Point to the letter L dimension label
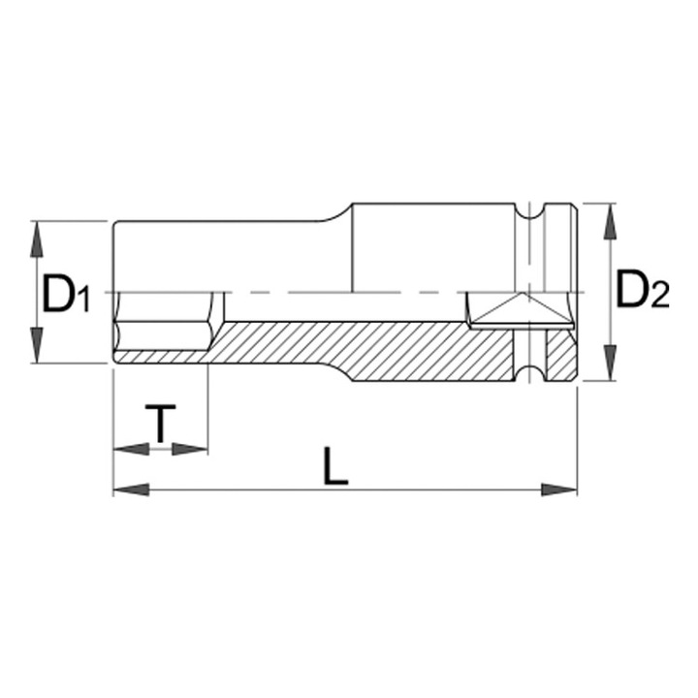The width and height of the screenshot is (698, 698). pos(335,468)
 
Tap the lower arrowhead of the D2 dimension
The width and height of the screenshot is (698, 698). pos(608,365)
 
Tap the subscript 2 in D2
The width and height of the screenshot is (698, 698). pos(661,299)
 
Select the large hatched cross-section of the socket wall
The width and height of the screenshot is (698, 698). pos(368,349)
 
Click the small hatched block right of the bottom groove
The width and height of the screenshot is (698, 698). pos(559,356)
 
